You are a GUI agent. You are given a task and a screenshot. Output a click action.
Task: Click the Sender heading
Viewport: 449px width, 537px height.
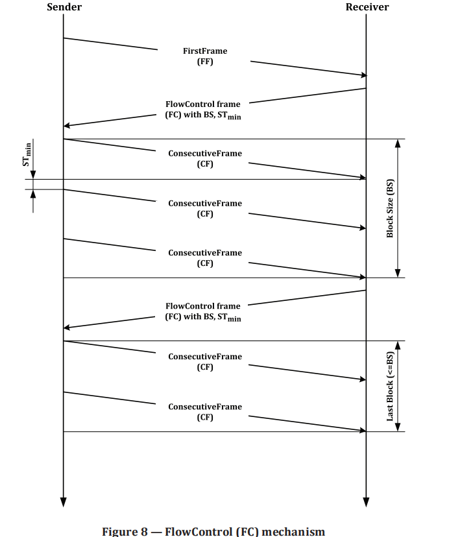pyautogui.click(x=64, y=7)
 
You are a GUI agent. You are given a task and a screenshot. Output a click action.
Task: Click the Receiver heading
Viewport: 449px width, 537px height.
pyautogui.click(x=367, y=7)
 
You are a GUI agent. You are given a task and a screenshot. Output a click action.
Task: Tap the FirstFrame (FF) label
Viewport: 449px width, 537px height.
pyautogui.click(x=205, y=56)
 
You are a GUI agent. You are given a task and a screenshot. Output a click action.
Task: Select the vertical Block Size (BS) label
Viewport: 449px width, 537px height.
pyautogui.click(x=390, y=208)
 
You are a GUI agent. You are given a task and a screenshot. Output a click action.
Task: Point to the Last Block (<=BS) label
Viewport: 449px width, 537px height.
pyautogui.click(x=390, y=386)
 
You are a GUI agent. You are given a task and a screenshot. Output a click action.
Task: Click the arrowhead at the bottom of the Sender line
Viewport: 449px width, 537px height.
pyautogui.click(x=63, y=501)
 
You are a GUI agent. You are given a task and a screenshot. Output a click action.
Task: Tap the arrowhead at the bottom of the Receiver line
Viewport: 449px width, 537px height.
pyautogui.click(x=366, y=501)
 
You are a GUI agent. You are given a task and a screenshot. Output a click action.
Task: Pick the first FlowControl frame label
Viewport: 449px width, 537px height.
pyautogui.click(x=203, y=110)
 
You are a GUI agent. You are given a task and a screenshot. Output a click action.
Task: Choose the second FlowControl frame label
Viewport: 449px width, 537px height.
pyautogui.click(x=203, y=312)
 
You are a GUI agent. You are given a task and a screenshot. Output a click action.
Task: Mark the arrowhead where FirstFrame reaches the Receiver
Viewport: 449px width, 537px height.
pyautogui.click(x=363, y=75)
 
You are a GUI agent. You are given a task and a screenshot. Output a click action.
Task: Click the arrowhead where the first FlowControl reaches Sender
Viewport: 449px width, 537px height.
pyautogui.click(x=67, y=125)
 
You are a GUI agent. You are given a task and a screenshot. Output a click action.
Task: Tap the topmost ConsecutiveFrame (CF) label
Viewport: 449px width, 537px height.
pyautogui.click(x=205, y=159)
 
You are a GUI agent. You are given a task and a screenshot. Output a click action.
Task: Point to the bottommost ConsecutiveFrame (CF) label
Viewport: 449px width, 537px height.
pyautogui.click(x=205, y=412)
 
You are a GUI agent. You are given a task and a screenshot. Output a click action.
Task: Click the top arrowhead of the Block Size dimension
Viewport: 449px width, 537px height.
pyautogui.click(x=398, y=143)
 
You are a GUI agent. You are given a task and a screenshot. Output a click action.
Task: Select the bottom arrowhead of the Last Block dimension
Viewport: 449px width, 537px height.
pyautogui.click(x=398, y=427)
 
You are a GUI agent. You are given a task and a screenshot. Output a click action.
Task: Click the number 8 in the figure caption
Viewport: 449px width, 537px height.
pyautogui.click(x=145, y=532)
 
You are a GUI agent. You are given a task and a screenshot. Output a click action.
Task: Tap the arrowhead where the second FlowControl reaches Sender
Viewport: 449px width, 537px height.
pyautogui.click(x=67, y=328)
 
